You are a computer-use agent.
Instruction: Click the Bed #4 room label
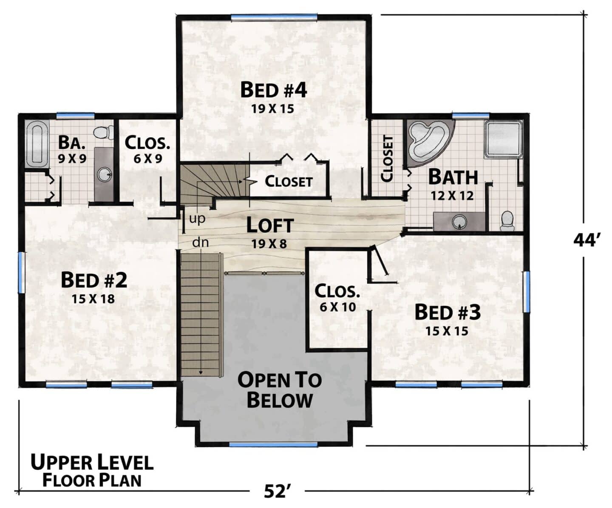pos(273,90)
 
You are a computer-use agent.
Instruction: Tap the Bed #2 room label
pos(94,280)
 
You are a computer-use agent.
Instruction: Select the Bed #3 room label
pos(448,312)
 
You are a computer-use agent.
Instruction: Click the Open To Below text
pos(280,390)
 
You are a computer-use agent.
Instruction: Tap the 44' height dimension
pos(584,241)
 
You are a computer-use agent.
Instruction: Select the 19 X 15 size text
pos(272,109)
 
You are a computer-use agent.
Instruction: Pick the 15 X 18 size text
pos(93,299)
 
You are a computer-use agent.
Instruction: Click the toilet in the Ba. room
pos(103,133)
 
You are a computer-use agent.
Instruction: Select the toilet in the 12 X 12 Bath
pos(507,221)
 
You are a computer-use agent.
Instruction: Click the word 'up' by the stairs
pos(197,219)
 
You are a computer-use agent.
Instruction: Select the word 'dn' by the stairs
pos(201,242)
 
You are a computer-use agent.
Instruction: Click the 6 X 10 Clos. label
pos(337,298)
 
